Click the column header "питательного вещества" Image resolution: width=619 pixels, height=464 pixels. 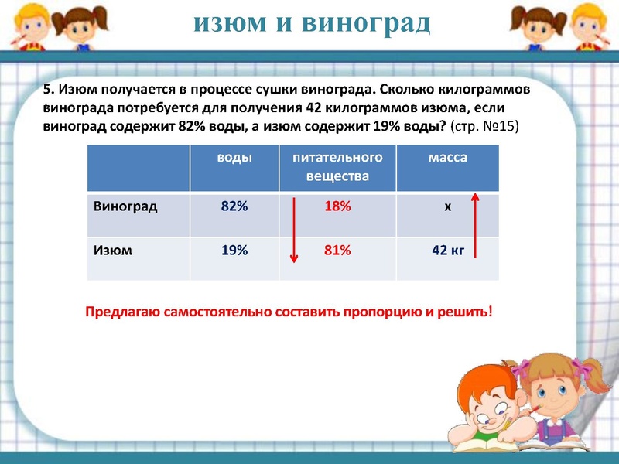(x=337, y=166)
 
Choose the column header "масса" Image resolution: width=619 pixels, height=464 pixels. (x=447, y=157)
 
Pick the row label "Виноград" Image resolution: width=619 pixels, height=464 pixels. (x=125, y=206)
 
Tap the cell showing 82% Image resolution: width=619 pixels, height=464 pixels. (x=234, y=206)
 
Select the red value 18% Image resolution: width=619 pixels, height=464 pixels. (x=338, y=206)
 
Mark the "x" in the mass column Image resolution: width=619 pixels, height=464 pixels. (x=447, y=207)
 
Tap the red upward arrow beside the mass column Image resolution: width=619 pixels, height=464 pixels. (x=476, y=224)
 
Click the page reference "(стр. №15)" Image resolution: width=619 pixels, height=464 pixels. (x=484, y=125)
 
